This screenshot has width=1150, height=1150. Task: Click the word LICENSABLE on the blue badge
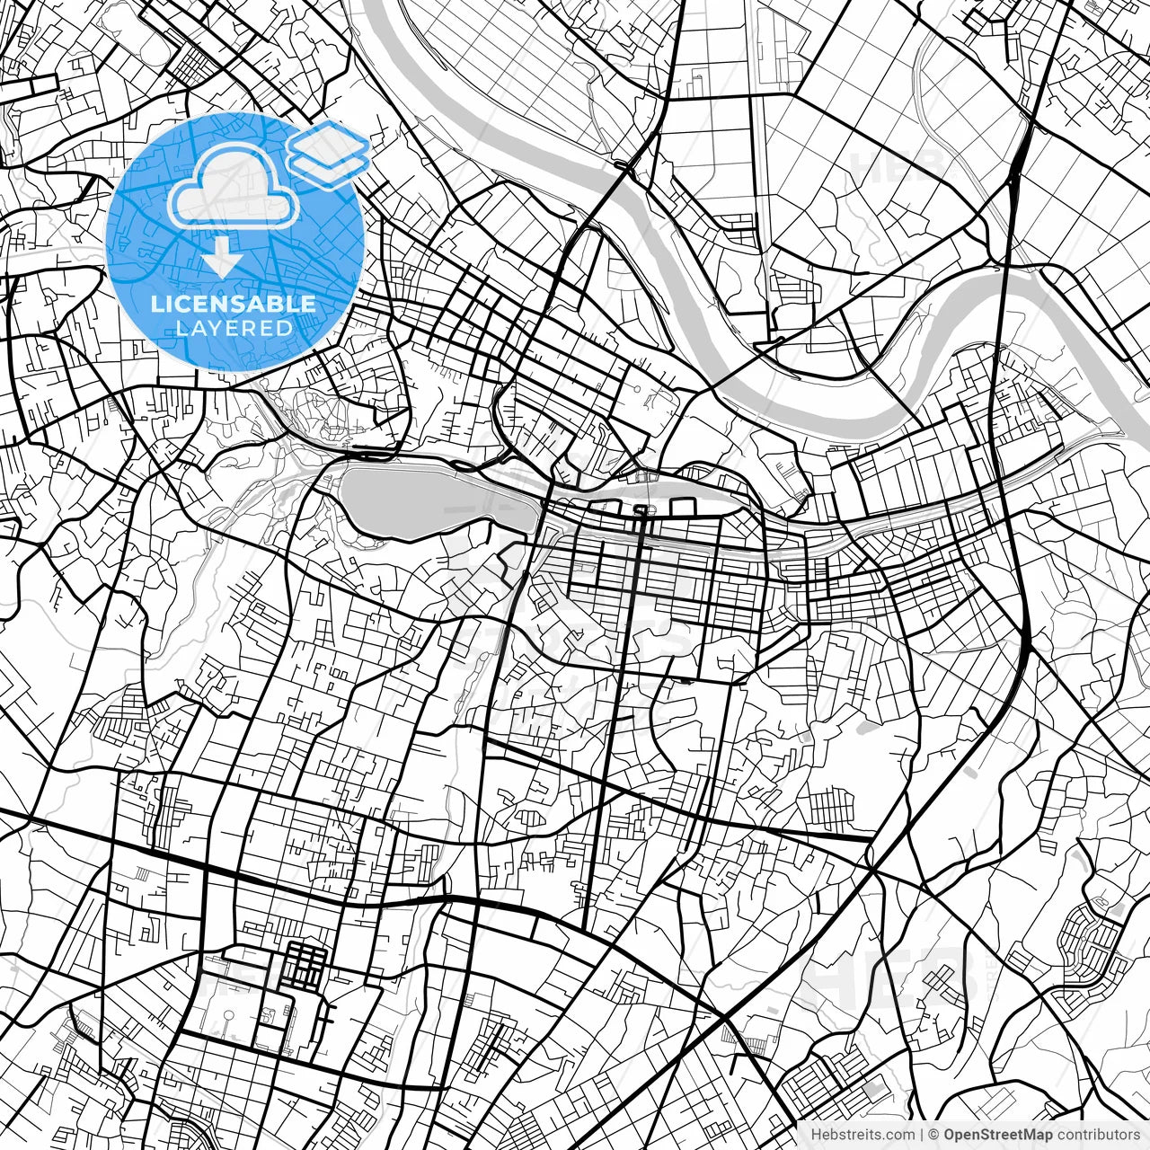[234, 304]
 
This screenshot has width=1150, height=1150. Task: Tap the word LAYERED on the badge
[234, 329]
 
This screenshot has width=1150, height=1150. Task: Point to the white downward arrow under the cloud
[222, 260]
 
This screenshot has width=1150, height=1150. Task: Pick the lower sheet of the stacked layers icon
[329, 167]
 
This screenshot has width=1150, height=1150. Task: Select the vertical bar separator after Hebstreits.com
[923, 1135]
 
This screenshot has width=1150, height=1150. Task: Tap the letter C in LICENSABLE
[178, 304]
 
